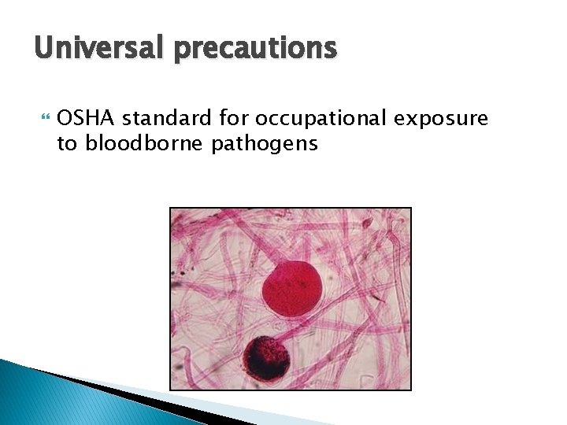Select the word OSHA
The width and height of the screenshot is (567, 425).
click(87, 119)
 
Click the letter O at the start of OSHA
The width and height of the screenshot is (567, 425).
click(65, 119)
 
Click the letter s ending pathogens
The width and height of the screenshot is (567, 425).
click(313, 144)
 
